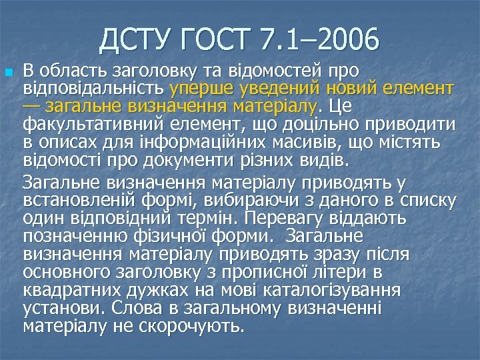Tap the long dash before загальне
coord(31,106)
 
